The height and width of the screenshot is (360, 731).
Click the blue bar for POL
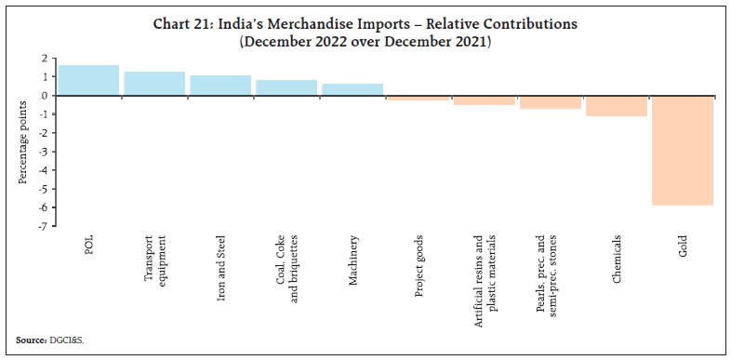point(87,80)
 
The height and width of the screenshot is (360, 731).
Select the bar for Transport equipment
point(153,84)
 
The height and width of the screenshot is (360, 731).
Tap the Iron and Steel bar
point(219,86)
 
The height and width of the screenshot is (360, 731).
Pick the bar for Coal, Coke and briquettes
point(286,87)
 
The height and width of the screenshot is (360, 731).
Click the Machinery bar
point(352,89)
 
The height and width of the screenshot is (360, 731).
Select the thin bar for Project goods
point(418,98)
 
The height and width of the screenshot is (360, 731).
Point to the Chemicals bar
point(616,105)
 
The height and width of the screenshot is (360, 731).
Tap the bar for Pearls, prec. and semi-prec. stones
point(550,102)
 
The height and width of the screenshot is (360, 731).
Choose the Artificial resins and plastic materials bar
point(484,100)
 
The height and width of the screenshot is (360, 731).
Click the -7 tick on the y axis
point(46,226)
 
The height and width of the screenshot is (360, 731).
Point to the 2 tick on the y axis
point(47,59)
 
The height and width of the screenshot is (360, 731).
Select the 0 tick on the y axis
point(47,96)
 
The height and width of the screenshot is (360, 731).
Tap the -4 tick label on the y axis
point(46,170)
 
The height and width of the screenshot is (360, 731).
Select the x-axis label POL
point(87,244)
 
